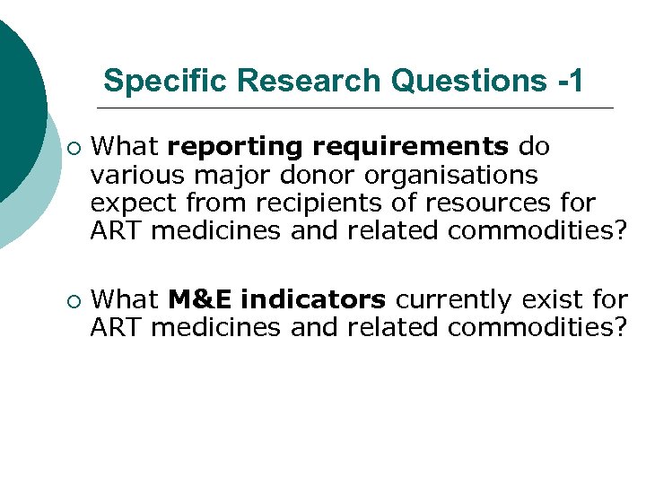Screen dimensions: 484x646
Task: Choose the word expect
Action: pyautogui.click(x=133, y=203)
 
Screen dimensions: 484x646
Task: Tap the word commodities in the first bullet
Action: pyautogui.click(x=537, y=230)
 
